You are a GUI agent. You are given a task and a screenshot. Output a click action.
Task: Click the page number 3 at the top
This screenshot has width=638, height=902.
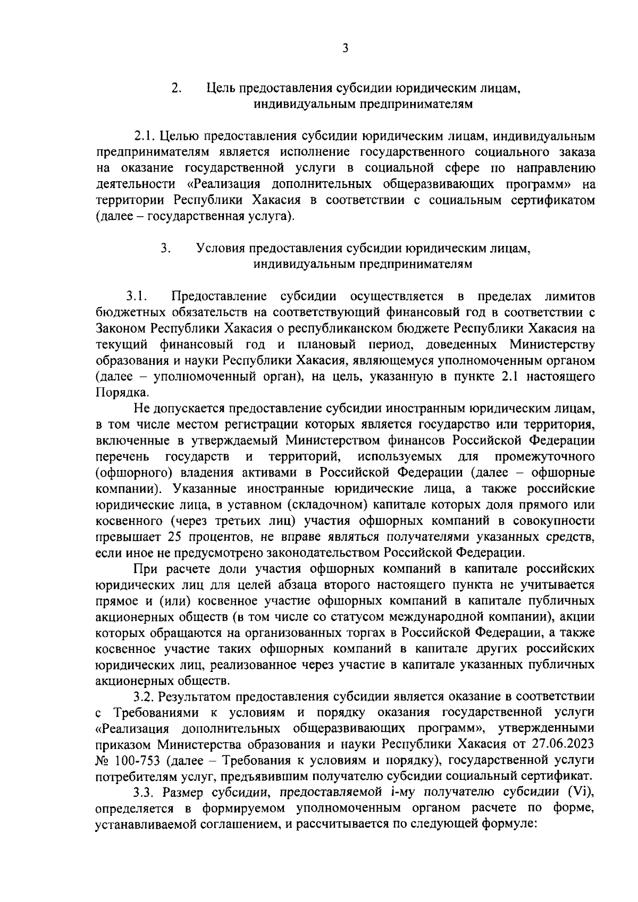(x=345, y=49)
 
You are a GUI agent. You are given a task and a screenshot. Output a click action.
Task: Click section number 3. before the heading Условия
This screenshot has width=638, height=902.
(x=166, y=248)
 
